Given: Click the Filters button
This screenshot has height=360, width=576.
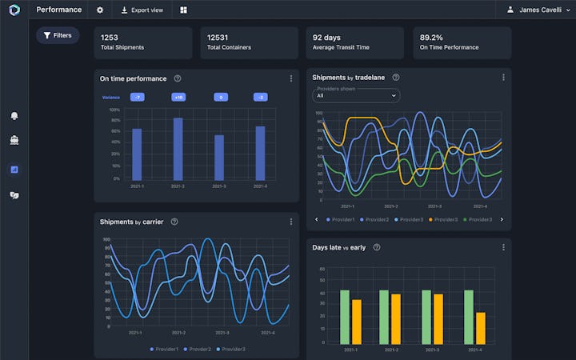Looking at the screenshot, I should [58, 35].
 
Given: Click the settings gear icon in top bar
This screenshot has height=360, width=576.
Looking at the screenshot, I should [100, 10].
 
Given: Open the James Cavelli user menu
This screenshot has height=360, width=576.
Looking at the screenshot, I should [539, 10].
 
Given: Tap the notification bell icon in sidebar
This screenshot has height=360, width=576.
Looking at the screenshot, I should [14, 116].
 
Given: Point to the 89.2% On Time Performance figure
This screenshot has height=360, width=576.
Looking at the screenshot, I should [432, 37].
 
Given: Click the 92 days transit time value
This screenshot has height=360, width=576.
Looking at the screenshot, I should [327, 37].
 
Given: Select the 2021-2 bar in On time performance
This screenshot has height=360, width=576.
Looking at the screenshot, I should [178, 149].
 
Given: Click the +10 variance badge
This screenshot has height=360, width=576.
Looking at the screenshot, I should [178, 98].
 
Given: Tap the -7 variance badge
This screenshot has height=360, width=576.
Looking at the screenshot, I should [137, 98].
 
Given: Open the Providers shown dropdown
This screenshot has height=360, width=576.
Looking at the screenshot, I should [356, 95].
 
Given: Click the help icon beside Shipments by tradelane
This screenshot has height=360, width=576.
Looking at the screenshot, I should [396, 78].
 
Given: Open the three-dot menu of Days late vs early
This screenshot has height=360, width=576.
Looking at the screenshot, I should [503, 247].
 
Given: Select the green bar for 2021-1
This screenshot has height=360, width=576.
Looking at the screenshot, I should [345, 318].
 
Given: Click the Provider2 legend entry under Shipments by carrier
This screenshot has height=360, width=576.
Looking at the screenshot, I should [198, 349].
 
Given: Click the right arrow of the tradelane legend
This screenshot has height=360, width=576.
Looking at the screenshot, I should [502, 219].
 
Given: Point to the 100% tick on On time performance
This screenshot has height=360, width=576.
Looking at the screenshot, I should [114, 110].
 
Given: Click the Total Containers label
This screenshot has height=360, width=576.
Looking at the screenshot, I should [229, 48].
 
